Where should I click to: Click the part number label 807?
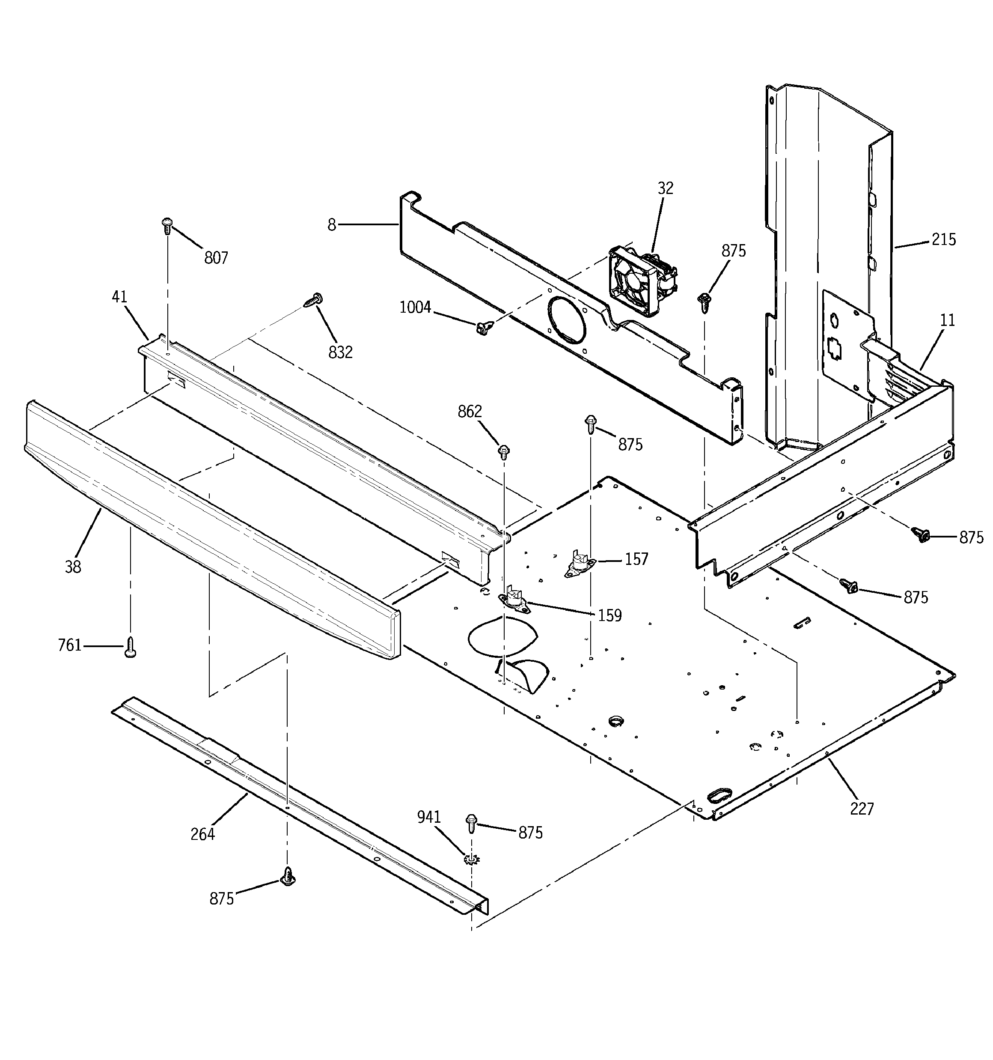(216, 258)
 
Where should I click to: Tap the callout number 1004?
(415, 307)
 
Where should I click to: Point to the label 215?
(943, 239)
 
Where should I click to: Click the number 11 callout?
(947, 320)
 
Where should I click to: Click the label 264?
(202, 834)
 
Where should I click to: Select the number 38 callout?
(73, 567)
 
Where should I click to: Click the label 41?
(119, 297)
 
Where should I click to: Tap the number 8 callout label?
(332, 225)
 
